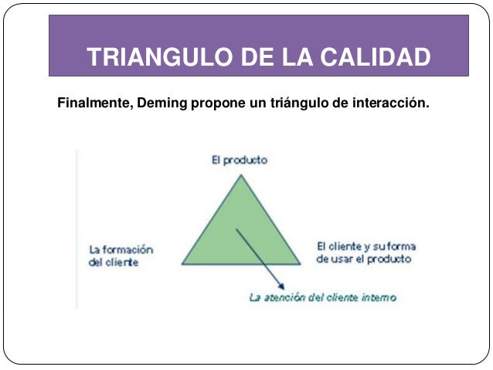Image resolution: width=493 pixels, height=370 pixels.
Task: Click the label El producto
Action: (240, 160)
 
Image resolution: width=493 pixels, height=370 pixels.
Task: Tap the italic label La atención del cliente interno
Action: (323, 297)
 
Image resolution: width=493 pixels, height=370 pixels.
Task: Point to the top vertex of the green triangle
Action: (241, 174)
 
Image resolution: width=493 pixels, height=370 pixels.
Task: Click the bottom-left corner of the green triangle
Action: (182, 263)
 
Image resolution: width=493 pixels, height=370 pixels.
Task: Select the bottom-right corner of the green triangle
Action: (300, 263)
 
